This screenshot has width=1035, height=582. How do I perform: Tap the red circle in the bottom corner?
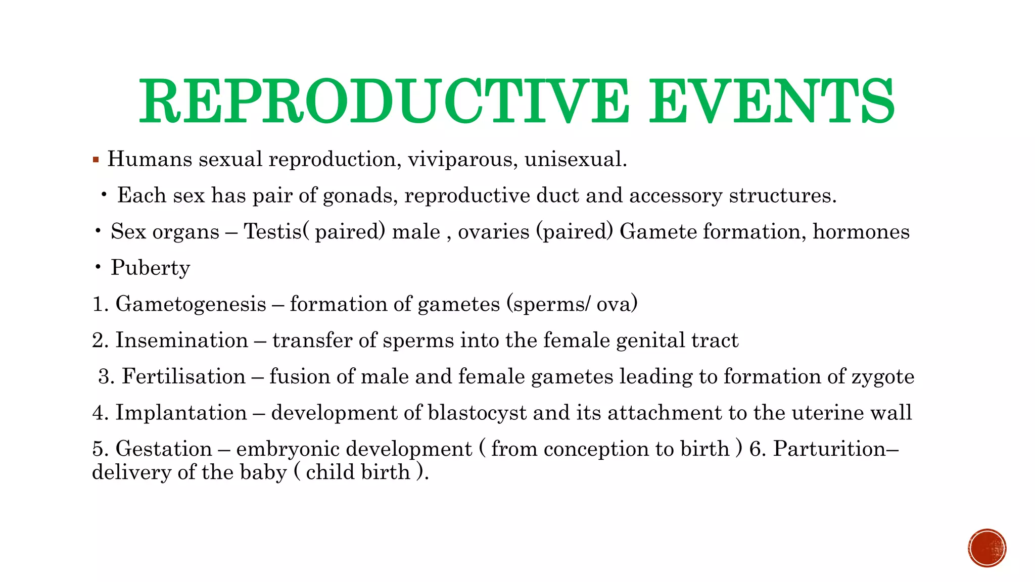(x=987, y=548)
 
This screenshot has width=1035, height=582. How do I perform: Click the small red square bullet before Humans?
(x=96, y=160)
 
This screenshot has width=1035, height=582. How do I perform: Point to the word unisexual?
(x=575, y=160)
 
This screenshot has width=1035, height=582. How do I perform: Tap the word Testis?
(x=273, y=232)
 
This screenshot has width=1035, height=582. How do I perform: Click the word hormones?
(x=861, y=232)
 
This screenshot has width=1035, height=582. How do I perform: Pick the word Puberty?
(x=151, y=268)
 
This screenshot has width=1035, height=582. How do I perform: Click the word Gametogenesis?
(x=191, y=304)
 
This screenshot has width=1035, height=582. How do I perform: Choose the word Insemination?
(x=182, y=340)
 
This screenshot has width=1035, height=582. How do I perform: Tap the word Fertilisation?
(x=183, y=376)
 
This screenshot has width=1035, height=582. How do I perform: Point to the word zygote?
(x=883, y=377)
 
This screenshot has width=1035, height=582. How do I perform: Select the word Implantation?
(x=181, y=413)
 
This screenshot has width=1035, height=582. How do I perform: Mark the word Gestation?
(x=164, y=449)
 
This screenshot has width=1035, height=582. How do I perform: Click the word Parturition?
(x=829, y=449)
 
